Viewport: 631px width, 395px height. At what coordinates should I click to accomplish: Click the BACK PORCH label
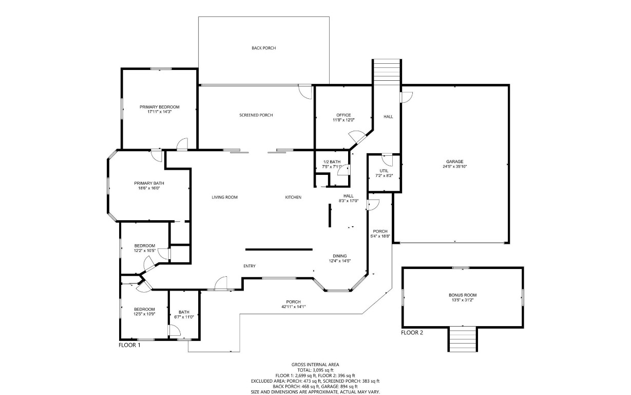263,48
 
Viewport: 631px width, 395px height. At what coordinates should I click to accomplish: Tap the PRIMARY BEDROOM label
159,107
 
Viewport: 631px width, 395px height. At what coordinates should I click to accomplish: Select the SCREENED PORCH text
256,115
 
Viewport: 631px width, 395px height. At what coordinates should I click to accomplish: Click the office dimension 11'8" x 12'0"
343,120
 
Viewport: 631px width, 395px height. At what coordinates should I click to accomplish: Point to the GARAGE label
454,161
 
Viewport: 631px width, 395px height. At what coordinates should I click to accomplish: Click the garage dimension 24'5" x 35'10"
454,167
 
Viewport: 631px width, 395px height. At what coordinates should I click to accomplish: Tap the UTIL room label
384,171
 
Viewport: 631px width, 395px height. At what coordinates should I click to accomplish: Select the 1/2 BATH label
331,161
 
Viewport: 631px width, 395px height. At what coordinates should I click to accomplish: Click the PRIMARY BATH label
149,183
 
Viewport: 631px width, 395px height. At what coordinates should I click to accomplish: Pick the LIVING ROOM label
224,197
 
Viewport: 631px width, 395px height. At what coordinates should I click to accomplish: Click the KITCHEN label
293,197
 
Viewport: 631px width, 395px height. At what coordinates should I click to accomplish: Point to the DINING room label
339,256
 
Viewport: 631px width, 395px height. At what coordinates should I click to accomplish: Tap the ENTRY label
250,266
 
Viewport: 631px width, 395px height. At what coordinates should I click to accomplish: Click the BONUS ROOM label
463,295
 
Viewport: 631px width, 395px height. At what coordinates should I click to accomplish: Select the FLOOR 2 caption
412,333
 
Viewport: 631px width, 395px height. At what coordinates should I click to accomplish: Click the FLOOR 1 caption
129,345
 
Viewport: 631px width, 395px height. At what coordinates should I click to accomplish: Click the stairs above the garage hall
386,72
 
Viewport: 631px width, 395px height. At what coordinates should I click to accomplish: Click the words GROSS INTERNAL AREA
315,364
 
